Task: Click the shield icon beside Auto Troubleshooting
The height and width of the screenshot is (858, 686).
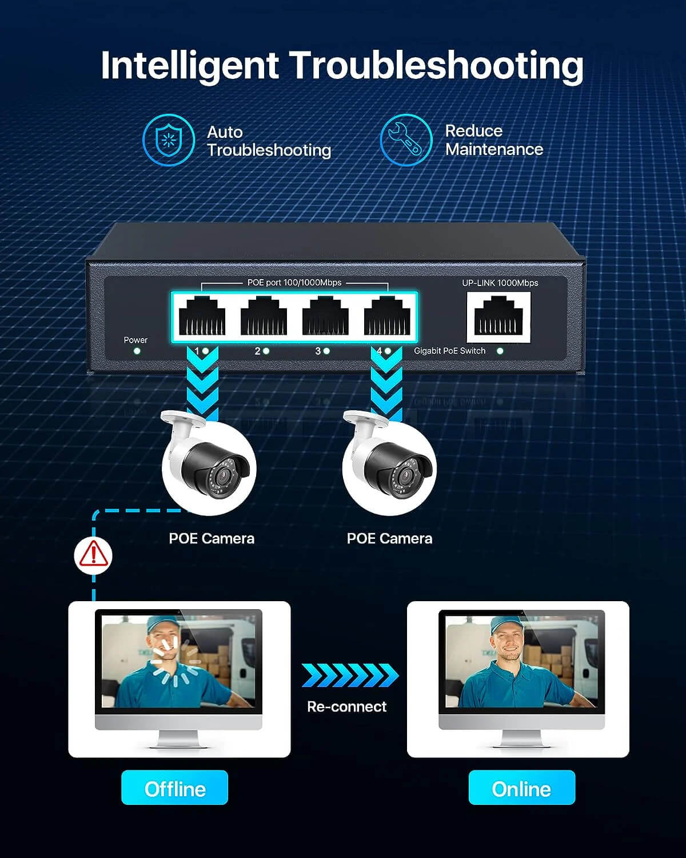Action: click(169, 140)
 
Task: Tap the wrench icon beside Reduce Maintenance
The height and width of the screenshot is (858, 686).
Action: click(406, 140)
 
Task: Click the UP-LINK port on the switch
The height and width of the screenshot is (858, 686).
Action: click(498, 316)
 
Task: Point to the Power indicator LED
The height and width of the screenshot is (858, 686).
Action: click(137, 351)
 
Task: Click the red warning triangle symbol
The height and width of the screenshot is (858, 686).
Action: click(93, 554)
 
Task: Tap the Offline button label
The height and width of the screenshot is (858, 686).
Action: click(174, 789)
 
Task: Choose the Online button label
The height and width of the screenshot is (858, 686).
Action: click(522, 789)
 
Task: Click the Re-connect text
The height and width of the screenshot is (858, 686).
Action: click(347, 706)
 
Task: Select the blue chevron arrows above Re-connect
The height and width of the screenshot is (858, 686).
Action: click(350, 675)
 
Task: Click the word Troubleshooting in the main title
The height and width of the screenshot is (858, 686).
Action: click(436, 66)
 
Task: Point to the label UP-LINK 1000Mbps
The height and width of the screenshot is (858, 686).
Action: click(500, 283)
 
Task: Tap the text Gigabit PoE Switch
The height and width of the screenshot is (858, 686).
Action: click(450, 351)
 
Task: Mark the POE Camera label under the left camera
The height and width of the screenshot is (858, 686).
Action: click(212, 539)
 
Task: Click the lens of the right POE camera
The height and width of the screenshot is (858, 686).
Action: click(406, 475)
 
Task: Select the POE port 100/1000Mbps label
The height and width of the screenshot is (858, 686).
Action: click(294, 282)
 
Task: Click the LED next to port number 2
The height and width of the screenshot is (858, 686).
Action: click(266, 351)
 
